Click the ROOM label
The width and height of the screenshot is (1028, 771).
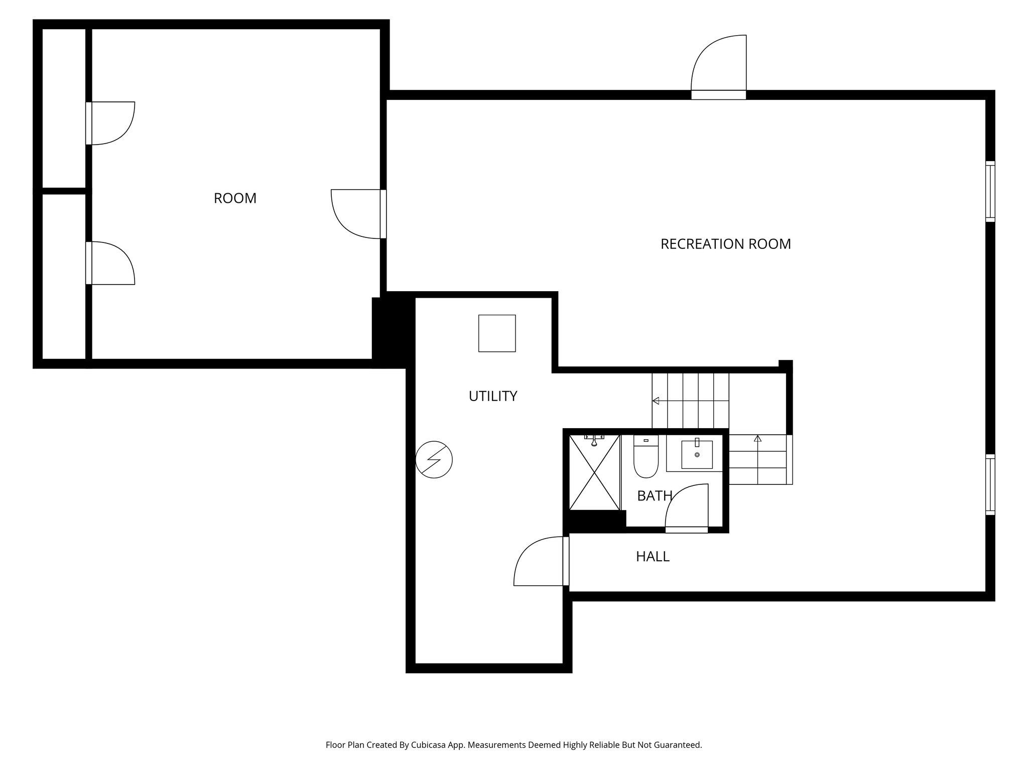pos(235,198)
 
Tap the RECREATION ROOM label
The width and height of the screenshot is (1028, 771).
pos(725,244)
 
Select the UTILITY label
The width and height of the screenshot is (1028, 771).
pos(492,396)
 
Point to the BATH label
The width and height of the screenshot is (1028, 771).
pos(654,496)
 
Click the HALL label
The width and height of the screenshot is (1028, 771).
pos(653,556)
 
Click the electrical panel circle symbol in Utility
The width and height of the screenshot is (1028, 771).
pos(434,459)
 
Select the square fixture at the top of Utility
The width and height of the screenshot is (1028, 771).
pos(497,333)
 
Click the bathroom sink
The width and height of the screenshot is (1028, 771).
pos(697,454)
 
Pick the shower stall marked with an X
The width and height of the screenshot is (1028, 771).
pos(594,473)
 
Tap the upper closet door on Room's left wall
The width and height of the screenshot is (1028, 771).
pos(110,123)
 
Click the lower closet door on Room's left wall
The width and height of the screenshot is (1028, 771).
pos(110,263)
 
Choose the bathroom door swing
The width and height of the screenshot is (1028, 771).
pos(687,507)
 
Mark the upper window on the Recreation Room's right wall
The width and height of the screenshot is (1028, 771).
pos(990,191)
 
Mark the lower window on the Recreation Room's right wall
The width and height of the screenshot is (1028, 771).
pos(990,484)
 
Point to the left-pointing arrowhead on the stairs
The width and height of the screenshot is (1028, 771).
pos(656,401)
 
